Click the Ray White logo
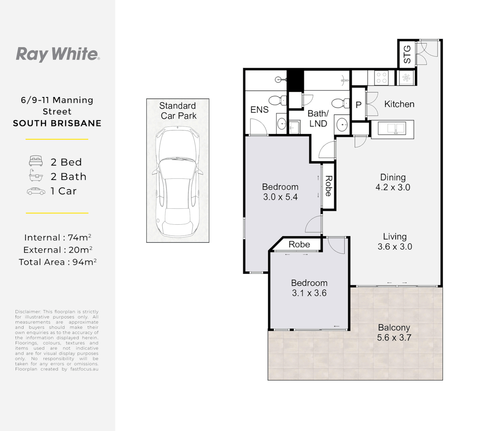coord(57,54)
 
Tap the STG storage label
coord(407,54)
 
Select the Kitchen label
coord(399,104)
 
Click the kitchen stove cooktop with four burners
coord(381,77)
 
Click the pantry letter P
coord(358,105)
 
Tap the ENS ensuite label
coord(259,110)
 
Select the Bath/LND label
coord(318,119)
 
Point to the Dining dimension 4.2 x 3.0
coord(393,188)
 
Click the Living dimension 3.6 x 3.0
coord(395,247)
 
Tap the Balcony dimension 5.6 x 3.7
coord(394,338)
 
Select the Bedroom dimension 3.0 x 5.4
coord(280,197)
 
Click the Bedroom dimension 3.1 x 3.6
coord(309,293)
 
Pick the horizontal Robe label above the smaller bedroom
coord(299,244)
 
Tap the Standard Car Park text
coord(178,111)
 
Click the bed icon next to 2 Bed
coord(36,161)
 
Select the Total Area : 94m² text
coord(57,262)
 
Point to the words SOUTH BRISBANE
coord(57,123)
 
